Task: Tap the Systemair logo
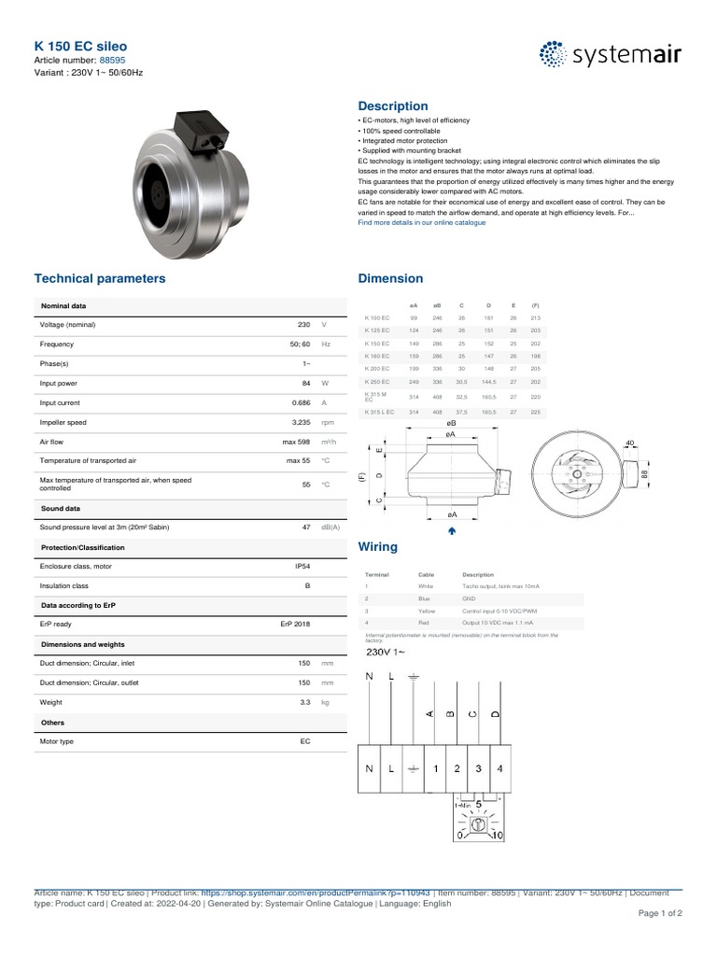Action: [x=612, y=55]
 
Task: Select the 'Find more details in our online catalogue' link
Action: [x=422, y=222]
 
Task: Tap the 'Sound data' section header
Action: [x=61, y=509]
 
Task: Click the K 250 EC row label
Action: [x=377, y=381]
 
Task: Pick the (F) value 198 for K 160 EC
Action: [x=535, y=356]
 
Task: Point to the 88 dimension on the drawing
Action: [x=645, y=474]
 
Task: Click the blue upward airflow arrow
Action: [x=452, y=530]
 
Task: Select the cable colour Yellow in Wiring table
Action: [x=427, y=610]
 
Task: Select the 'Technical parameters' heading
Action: [x=100, y=278]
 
